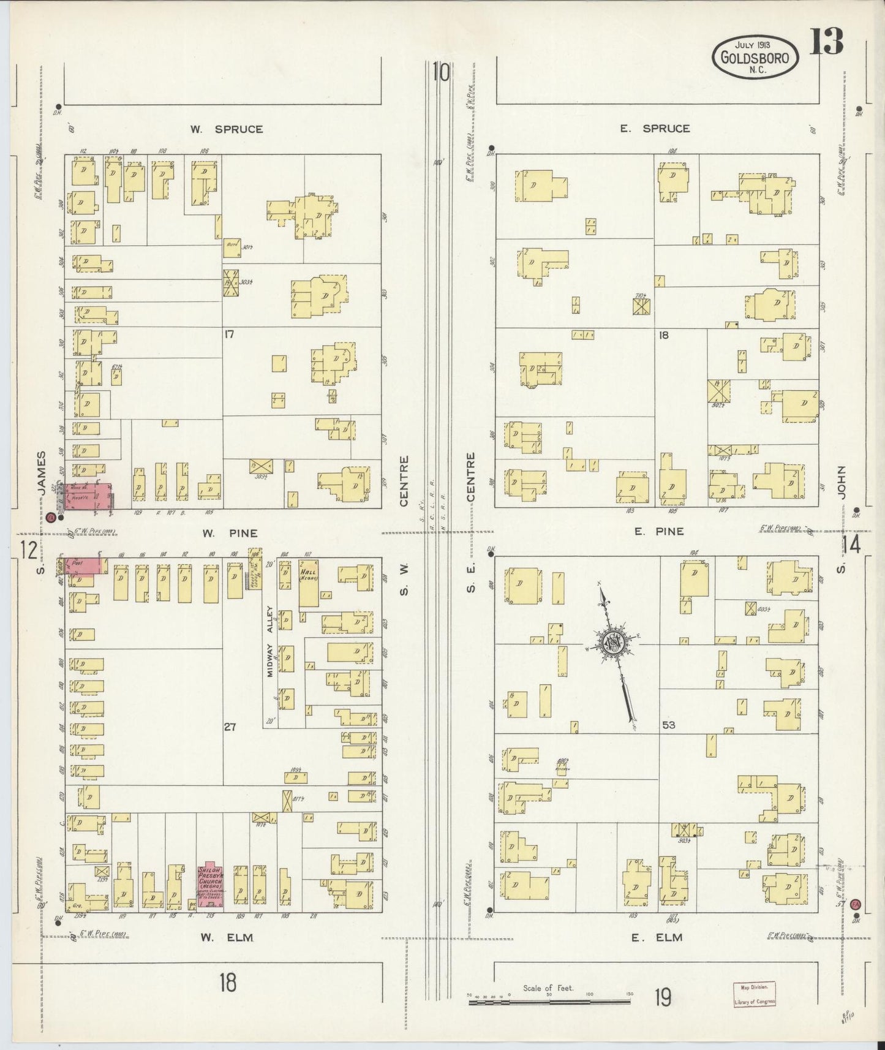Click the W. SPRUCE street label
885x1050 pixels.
click(x=226, y=129)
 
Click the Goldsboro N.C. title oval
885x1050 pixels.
click(x=756, y=56)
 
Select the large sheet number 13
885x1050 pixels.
click(x=827, y=42)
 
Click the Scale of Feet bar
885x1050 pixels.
click(x=549, y=1002)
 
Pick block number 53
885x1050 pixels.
click(x=668, y=725)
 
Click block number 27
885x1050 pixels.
click(x=229, y=727)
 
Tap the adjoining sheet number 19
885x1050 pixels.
click(x=661, y=999)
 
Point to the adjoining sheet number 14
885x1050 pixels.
click(x=851, y=544)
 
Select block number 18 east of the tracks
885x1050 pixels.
click(x=663, y=335)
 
